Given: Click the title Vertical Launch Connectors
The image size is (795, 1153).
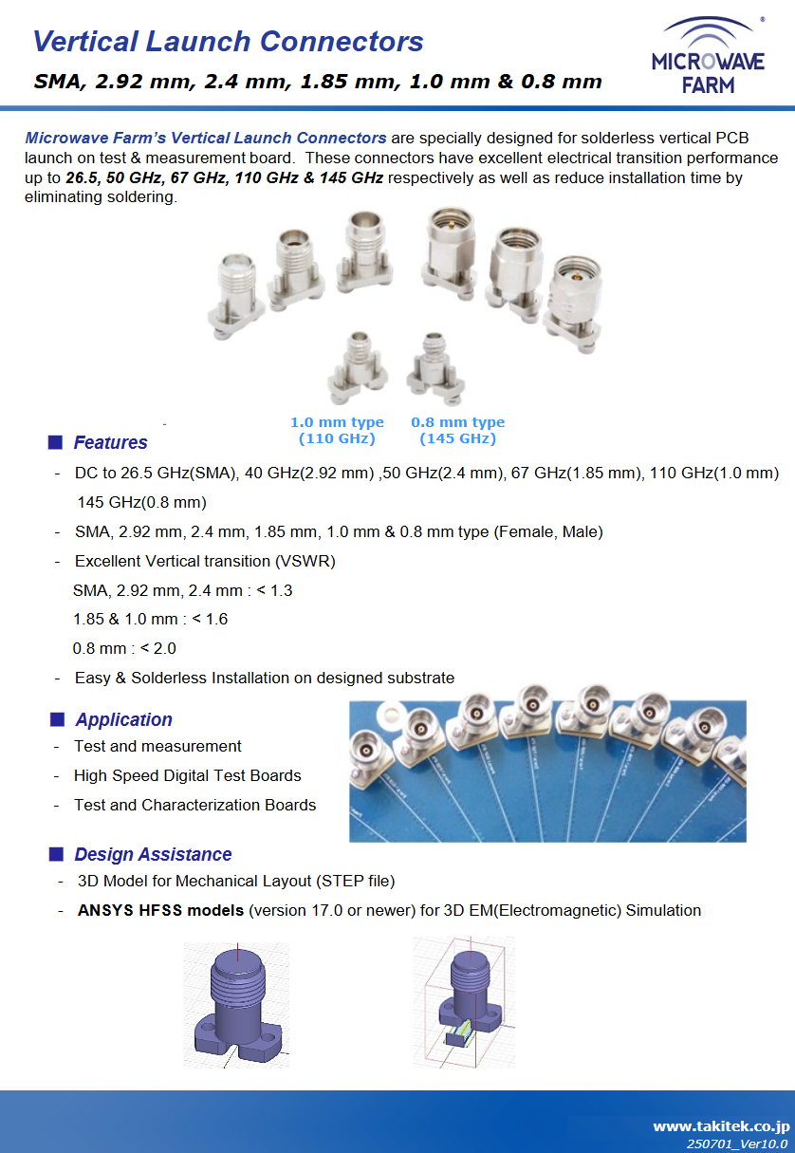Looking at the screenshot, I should [228, 42].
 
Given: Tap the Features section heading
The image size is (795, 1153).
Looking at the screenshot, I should [110, 442].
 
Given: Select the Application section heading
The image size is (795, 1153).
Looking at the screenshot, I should [123, 719].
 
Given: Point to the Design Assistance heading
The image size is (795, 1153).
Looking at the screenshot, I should [153, 854].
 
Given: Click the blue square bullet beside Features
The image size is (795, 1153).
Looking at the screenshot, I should [55, 442].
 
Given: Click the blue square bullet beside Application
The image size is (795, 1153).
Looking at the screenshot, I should [56, 719].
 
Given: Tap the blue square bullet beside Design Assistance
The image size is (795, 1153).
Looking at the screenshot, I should [56, 854].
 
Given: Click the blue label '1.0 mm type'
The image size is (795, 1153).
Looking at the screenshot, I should [337, 422].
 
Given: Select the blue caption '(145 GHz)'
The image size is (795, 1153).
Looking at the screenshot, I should [457, 438].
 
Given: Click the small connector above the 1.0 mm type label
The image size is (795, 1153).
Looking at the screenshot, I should [357, 365].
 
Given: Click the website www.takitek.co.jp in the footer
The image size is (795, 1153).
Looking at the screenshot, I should [720, 1126].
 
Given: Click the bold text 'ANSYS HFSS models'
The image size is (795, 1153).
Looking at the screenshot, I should [160, 910].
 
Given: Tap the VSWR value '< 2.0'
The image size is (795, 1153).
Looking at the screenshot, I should [157, 649].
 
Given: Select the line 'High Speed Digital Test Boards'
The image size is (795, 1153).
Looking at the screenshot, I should [187, 775].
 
